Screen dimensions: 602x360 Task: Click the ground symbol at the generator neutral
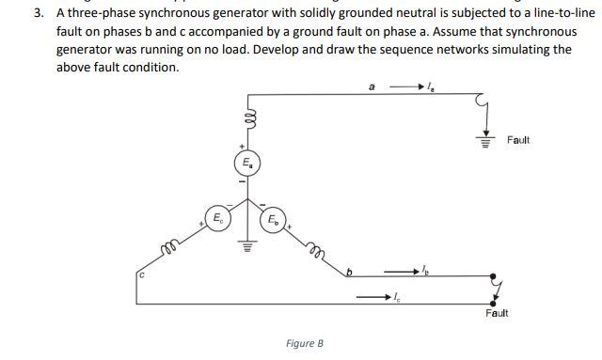tap(249, 247)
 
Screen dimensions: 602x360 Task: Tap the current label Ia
tap(430, 89)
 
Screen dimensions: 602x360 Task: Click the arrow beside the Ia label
tap(407, 89)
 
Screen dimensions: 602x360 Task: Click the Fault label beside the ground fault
tap(518, 140)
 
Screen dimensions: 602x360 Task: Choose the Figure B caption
tap(305, 343)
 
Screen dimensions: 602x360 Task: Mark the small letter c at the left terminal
tap(140, 275)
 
